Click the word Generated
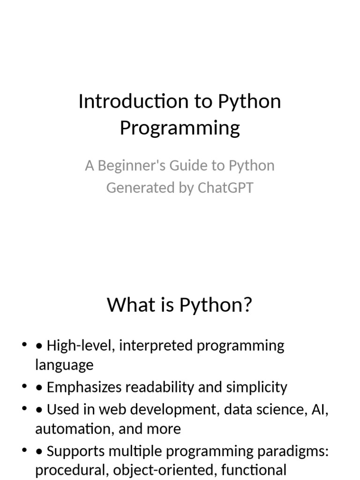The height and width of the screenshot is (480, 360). pyautogui.click(x=141, y=188)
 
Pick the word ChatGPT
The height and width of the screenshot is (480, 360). pyautogui.click(x=225, y=188)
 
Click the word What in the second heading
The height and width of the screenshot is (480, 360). pyautogui.click(x=132, y=305)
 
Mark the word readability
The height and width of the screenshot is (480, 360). pyautogui.click(x=160, y=388)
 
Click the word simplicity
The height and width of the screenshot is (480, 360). pyautogui.click(x=256, y=388)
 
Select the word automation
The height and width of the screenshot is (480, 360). pyautogui.click(x=75, y=429)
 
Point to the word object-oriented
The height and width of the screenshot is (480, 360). pyautogui.click(x=165, y=470)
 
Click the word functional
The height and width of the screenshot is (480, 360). pyautogui.click(x=254, y=470)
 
